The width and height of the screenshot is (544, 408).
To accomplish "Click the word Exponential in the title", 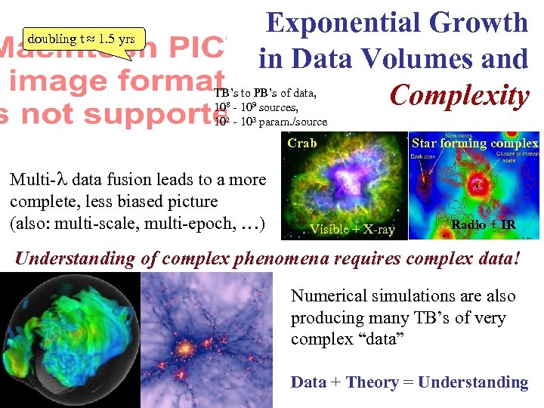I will click(343, 23).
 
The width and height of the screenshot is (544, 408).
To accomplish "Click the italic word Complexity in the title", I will click(459, 96).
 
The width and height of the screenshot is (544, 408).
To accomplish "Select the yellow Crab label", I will click(302, 143).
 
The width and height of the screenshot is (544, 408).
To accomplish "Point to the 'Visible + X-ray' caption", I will click(352, 229).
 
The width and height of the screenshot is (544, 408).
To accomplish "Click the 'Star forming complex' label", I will click(474, 143).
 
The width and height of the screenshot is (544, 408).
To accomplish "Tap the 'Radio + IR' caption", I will click(483, 224).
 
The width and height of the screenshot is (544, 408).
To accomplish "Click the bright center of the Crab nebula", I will click(345, 186).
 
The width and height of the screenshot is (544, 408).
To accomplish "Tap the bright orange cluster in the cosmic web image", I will click(184, 350).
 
